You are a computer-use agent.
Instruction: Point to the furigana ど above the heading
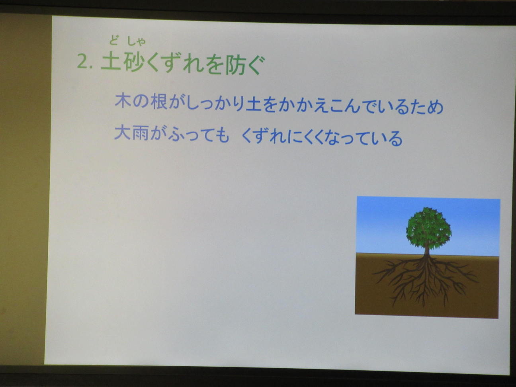113,41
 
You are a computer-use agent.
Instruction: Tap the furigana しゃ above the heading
136,41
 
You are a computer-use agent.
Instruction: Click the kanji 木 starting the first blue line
123,101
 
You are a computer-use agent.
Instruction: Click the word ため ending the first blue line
427,107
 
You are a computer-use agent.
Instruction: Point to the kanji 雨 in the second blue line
141,133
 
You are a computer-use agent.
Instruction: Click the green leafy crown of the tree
428,227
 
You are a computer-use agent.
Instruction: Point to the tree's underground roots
426,279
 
